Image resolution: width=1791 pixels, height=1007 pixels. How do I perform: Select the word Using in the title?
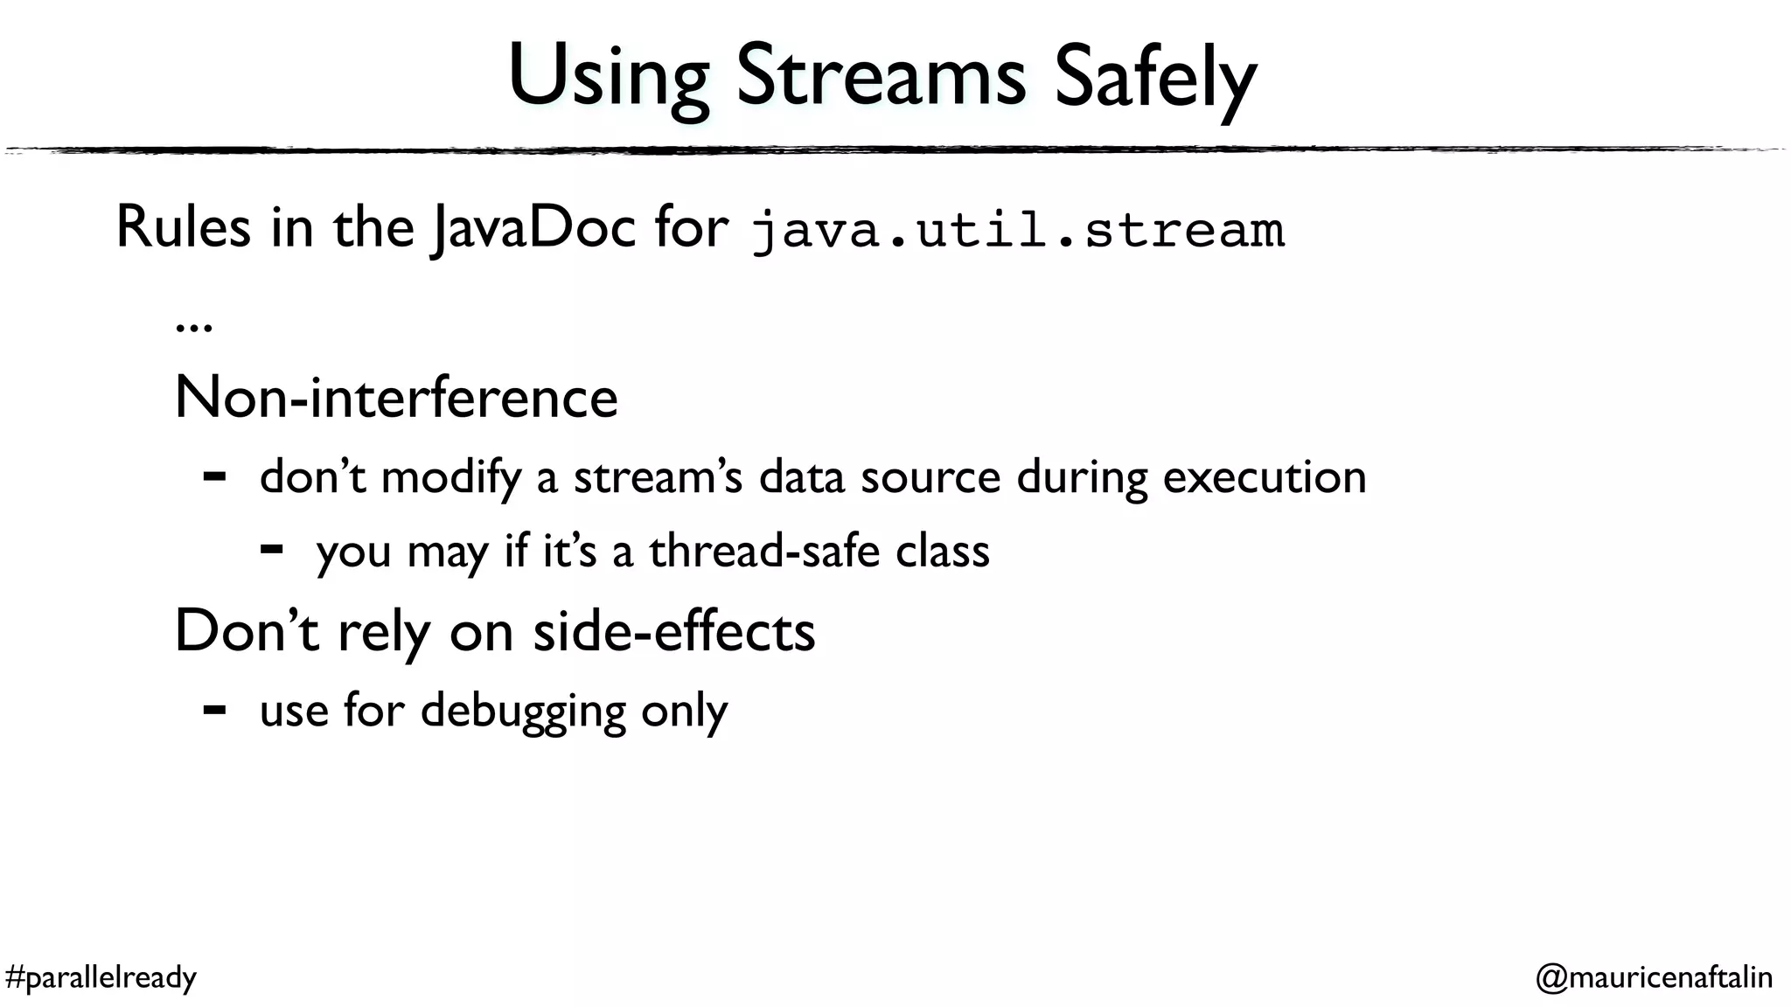609,79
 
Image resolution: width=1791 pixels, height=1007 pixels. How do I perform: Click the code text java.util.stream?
1018,231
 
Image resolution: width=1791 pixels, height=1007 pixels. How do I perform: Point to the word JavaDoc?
533,229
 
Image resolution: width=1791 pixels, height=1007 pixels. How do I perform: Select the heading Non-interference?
396,398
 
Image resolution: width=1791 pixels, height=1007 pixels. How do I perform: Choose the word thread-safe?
763,552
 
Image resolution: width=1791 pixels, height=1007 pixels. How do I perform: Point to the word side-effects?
674,631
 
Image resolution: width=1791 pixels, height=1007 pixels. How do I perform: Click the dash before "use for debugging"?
214,710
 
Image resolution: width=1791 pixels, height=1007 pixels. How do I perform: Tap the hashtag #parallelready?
101,977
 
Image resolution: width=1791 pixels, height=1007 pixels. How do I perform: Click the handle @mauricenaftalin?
1654,977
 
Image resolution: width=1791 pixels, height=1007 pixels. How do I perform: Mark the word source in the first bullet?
930,478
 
